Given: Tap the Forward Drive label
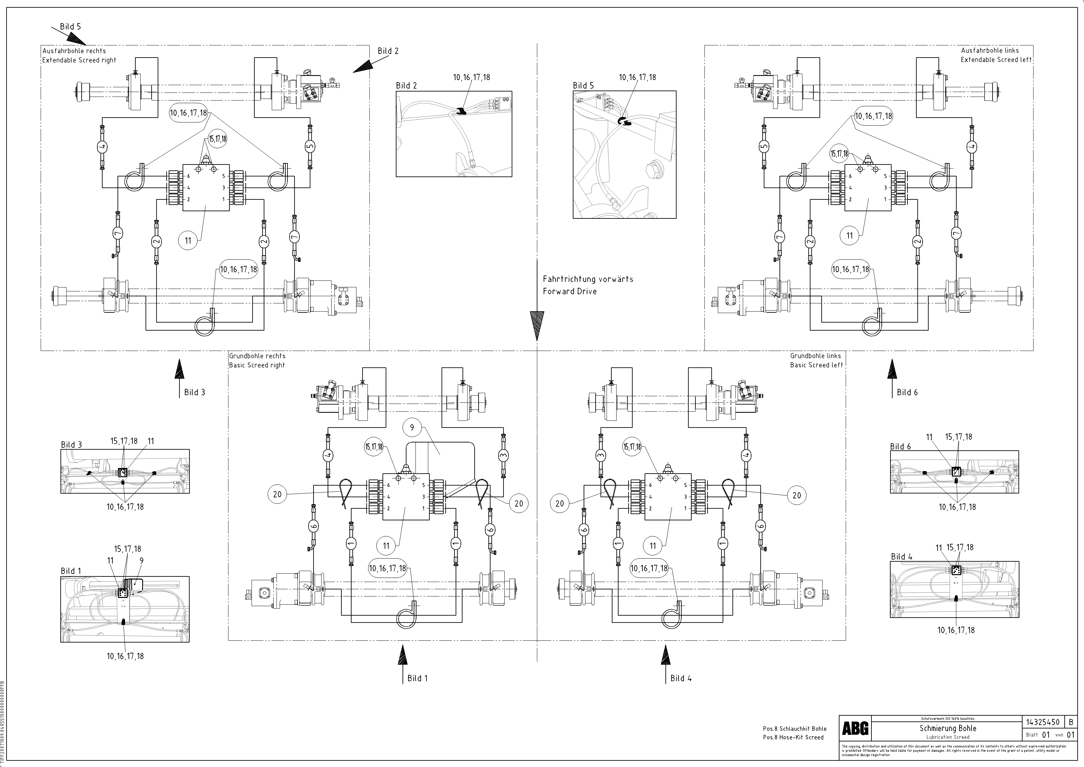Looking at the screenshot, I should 569,291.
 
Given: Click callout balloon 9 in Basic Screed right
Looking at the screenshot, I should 412,427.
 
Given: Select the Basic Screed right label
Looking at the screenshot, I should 257,365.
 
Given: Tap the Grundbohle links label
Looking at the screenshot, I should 815,356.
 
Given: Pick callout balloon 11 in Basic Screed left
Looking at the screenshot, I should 652,546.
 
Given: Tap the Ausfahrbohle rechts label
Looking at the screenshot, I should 74,51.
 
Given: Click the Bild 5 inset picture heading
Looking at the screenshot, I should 583,85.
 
